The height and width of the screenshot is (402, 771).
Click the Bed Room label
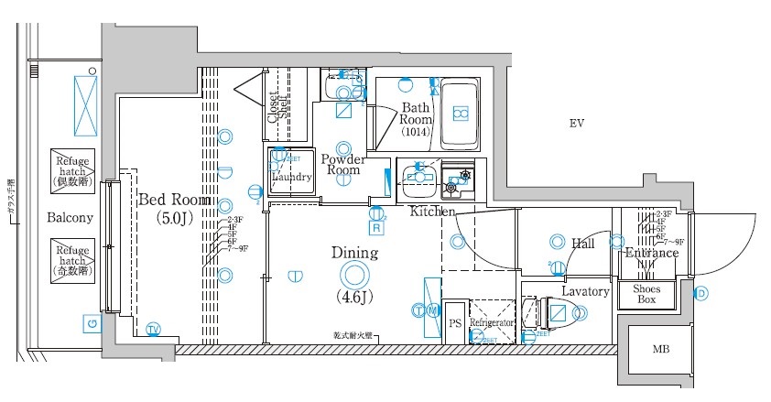(174, 200)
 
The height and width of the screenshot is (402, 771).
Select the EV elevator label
(576, 124)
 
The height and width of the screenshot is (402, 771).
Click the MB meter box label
(659, 349)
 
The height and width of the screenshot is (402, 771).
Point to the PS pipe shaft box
(455, 323)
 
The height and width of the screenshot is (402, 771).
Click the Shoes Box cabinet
(646, 294)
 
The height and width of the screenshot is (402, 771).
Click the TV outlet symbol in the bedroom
(153, 330)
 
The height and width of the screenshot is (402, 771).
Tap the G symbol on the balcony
(92, 323)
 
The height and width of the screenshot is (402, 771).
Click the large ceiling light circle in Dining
(353, 274)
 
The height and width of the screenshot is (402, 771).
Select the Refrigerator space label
(494, 323)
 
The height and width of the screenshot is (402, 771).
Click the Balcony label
(70, 218)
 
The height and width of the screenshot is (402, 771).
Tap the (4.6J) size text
(353, 297)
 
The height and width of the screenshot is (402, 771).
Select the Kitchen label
(432, 212)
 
